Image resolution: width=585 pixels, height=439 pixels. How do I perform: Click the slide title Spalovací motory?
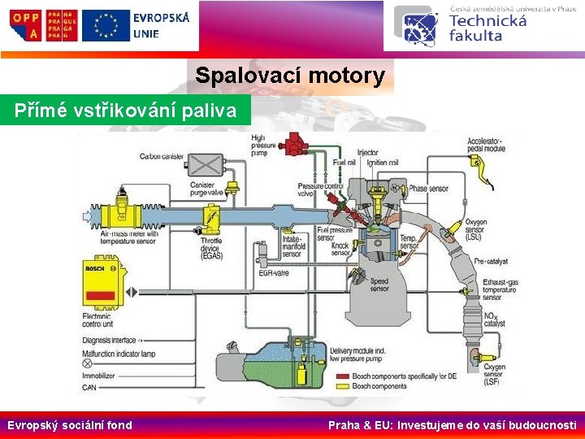pos(290,76)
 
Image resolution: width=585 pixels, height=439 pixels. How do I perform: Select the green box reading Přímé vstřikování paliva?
pos(126,111)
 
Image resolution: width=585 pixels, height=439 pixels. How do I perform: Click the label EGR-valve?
pos(275,272)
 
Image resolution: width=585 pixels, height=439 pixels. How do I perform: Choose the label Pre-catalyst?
pos(490,261)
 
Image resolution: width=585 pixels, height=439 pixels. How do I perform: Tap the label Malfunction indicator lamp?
pos(118,353)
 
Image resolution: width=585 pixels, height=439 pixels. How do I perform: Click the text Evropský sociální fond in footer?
pos(70,424)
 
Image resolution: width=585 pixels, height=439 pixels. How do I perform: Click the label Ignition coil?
pos(383,163)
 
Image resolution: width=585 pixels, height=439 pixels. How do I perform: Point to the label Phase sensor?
pos(428,189)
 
